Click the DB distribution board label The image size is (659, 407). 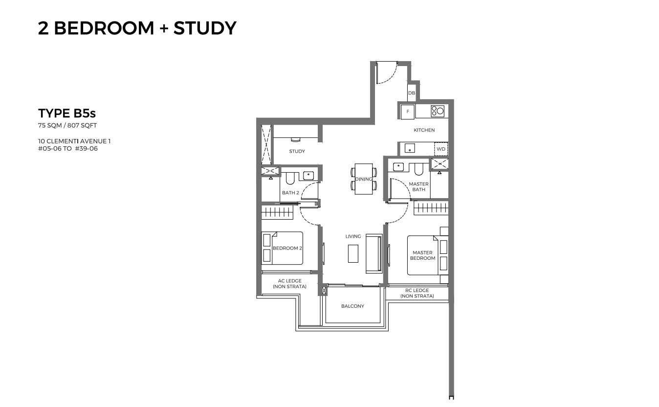coord(411,93)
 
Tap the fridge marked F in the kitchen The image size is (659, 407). coord(407,112)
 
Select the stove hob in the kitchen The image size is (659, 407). coord(438,111)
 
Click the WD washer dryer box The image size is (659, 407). coord(441,149)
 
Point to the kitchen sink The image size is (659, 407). coord(410,148)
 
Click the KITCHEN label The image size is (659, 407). coord(424,130)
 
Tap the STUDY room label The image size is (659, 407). coord(297,151)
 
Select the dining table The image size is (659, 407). coord(364,179)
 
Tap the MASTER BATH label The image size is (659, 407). coord(418,186)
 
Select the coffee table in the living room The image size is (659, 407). coord(353,253)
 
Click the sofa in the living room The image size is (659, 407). coord(374,253)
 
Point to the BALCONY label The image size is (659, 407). coord(352,306)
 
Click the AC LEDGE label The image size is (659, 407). coord(289,281)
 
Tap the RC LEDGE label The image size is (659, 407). coord(417,291)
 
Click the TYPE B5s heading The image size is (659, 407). coord(67,113)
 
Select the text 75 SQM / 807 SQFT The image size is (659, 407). coord(67,125)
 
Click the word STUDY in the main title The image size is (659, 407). coord(205,28)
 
